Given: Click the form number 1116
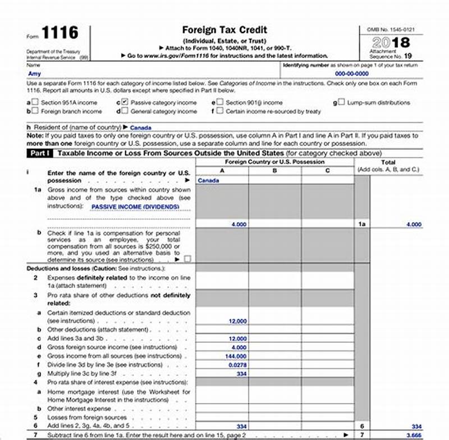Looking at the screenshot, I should point(59,33).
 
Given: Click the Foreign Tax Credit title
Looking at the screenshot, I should point(224,30).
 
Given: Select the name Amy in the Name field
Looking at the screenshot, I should point(34,73).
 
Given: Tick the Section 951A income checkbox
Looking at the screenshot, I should point(35,103).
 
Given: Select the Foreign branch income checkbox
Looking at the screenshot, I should point(35,111).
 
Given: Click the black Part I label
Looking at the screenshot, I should point(40,153).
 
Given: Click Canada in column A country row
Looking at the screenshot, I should point(209,181).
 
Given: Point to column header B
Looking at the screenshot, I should point(274,170).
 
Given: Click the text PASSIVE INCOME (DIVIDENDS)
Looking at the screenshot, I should point(135,207).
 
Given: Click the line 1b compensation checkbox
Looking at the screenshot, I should point(187,259).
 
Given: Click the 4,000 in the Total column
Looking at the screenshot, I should point(414,224).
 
